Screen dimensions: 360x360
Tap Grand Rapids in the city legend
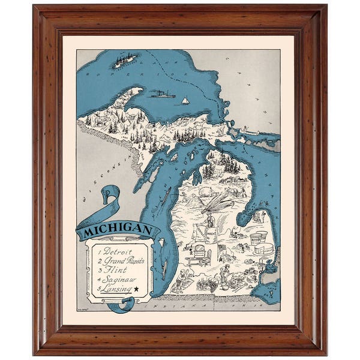[x=125, y=261]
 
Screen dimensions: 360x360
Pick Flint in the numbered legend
[x=115, y=271]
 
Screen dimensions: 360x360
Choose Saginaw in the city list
[x=120, y=280]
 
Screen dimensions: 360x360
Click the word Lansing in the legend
[x=117, y=289]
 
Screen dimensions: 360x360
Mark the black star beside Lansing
[x=136, y=289]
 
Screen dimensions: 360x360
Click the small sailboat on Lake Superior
[x=185, y=100]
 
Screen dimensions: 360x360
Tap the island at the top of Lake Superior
[x=126, y=59]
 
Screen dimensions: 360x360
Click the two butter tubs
[x=259, y=237]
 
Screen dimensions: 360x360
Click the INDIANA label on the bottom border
[x=179, y=305]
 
